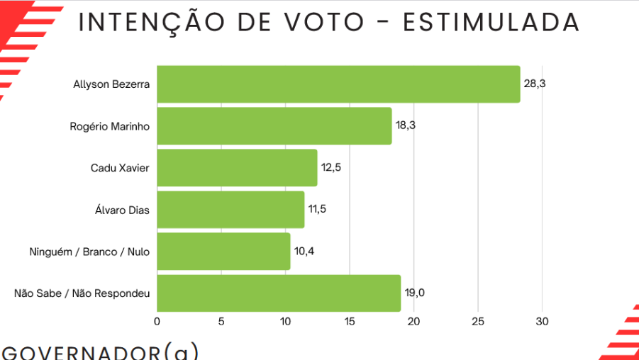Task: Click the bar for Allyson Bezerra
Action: [x=338, y=84]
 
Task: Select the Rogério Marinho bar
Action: [x=274, y=126]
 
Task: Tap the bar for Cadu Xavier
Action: [x=237, y=168]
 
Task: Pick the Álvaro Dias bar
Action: [x=230, y=210]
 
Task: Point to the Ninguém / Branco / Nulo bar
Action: [x=223, y=252]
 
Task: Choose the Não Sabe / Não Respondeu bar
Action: [x=279, y=293]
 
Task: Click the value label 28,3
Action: [x=534, y=84]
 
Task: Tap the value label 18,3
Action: [x=406, y=125]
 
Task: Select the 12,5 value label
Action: [x=330, y=168]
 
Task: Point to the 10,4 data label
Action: [x=304, y=252]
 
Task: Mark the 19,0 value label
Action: [x=414, y=293]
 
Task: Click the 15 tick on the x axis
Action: [x=350, y=322]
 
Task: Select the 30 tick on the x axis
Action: [x=543, y=322]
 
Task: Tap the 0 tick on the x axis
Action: [x=157, y=322]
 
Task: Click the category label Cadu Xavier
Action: [x=120, y=168]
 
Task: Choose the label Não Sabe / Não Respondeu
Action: [x=82, y=293]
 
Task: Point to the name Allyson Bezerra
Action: [x=111, y=84]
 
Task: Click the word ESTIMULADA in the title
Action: [x=491, y=23]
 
